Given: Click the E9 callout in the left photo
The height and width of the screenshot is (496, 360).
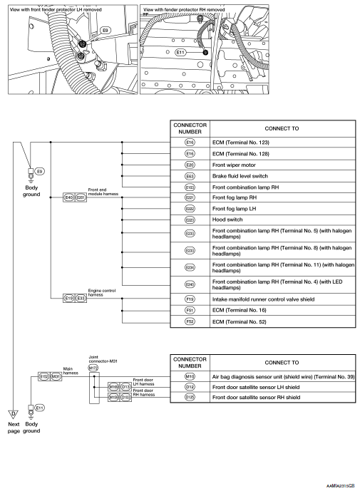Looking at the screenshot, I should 105,31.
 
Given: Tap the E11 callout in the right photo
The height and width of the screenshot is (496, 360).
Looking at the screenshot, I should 180,52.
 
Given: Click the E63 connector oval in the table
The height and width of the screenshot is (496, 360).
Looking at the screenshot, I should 190,176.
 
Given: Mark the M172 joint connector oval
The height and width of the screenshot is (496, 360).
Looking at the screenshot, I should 93,368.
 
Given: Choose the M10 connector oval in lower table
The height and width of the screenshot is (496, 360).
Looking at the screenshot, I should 190,376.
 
